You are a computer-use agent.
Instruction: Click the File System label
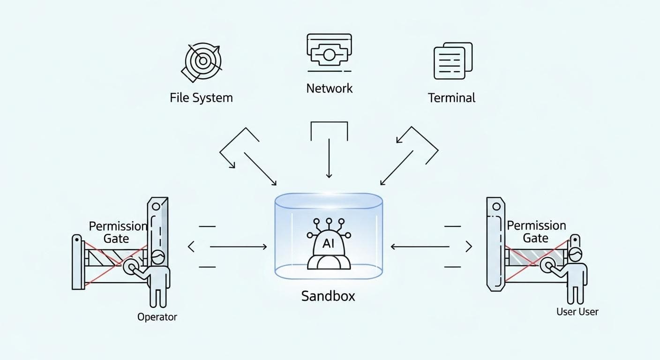point(201,98)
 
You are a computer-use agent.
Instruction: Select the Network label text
point(329,88)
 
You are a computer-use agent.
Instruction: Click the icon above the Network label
point(329,52)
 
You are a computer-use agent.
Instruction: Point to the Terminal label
point(451,98)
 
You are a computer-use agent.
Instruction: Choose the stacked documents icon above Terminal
point(453,61)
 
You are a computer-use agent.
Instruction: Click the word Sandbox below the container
point(328,296)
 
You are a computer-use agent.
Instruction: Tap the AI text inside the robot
point(329,244)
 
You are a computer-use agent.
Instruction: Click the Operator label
point(157,317)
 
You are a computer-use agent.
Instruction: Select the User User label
point(577,312)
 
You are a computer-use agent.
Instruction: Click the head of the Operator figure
point(158,257)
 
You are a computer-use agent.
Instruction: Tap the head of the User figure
point(575,255)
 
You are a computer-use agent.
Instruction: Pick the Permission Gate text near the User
point(536,232)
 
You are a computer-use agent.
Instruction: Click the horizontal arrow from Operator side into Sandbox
point(238,247)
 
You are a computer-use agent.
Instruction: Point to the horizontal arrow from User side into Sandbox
point(420,247)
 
